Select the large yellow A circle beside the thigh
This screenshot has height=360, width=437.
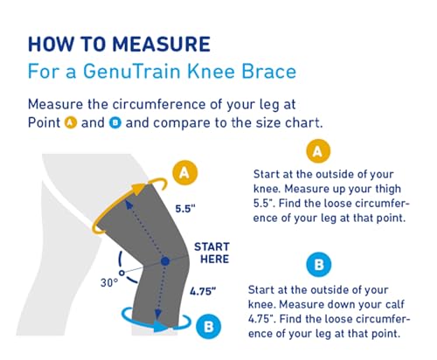pyautogui.click(x=183, y=174)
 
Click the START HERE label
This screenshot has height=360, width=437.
pyautogui.click(x=212, y=253)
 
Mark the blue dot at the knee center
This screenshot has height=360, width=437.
pyautogui.click(x=163, y=261)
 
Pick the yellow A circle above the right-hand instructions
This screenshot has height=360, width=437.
pyautogui.click(x=317, y=152)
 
